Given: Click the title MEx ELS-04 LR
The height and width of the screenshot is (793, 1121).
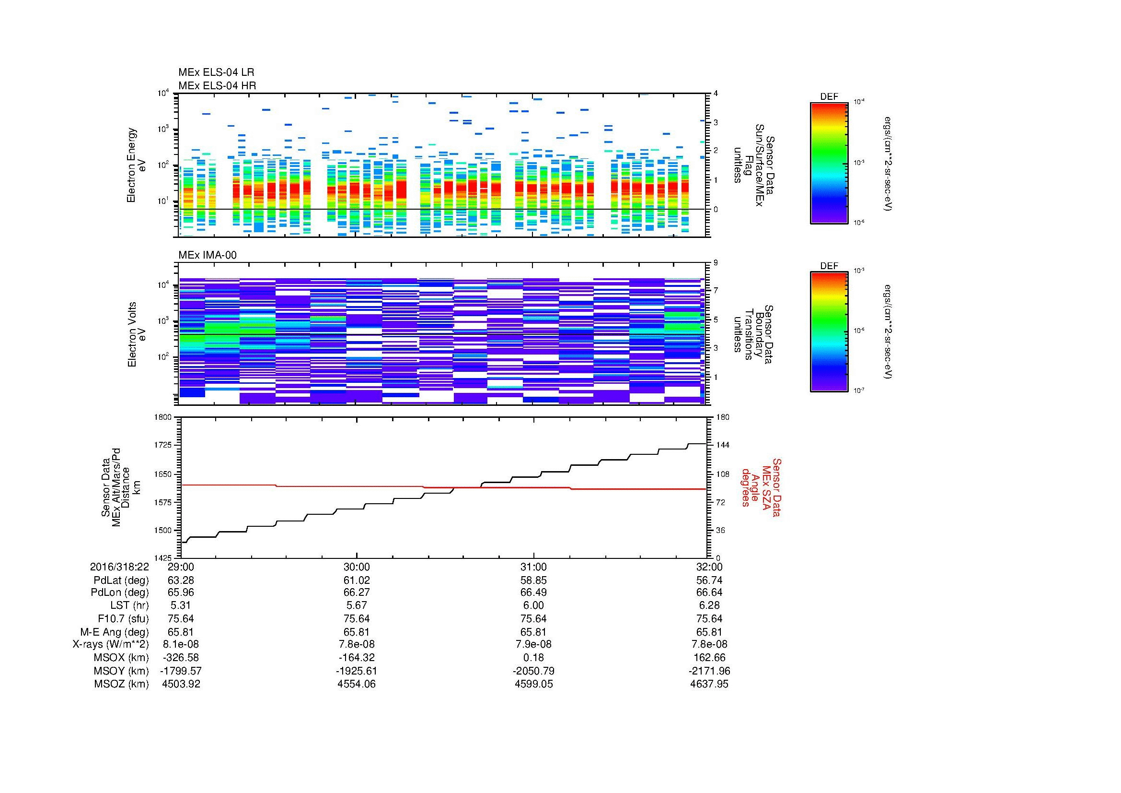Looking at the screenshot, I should point(216,72).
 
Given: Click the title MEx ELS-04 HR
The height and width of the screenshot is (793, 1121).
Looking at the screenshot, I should point(217,85).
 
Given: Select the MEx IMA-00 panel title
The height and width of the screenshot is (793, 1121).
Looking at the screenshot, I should point(208,255).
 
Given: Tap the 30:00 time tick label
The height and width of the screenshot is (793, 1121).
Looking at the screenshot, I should point(357,567).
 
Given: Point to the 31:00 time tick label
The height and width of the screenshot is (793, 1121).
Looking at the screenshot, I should point(533,567).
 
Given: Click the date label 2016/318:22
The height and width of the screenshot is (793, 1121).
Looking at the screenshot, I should point(119,567).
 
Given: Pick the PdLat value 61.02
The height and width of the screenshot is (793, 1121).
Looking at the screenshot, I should point(357,580).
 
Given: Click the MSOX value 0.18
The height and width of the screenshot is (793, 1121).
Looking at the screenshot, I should point(533,658).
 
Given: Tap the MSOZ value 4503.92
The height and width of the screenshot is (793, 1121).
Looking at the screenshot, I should point(181,684).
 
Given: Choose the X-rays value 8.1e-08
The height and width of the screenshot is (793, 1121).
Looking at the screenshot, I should point(181,644).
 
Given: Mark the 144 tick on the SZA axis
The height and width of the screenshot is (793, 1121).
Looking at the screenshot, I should point(722,445).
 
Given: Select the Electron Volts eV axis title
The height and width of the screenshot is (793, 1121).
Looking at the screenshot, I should point(137,334).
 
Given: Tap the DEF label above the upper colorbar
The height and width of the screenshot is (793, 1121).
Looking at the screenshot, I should point(829,97).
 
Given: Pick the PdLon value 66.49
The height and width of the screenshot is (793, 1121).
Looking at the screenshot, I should point(533,592).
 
